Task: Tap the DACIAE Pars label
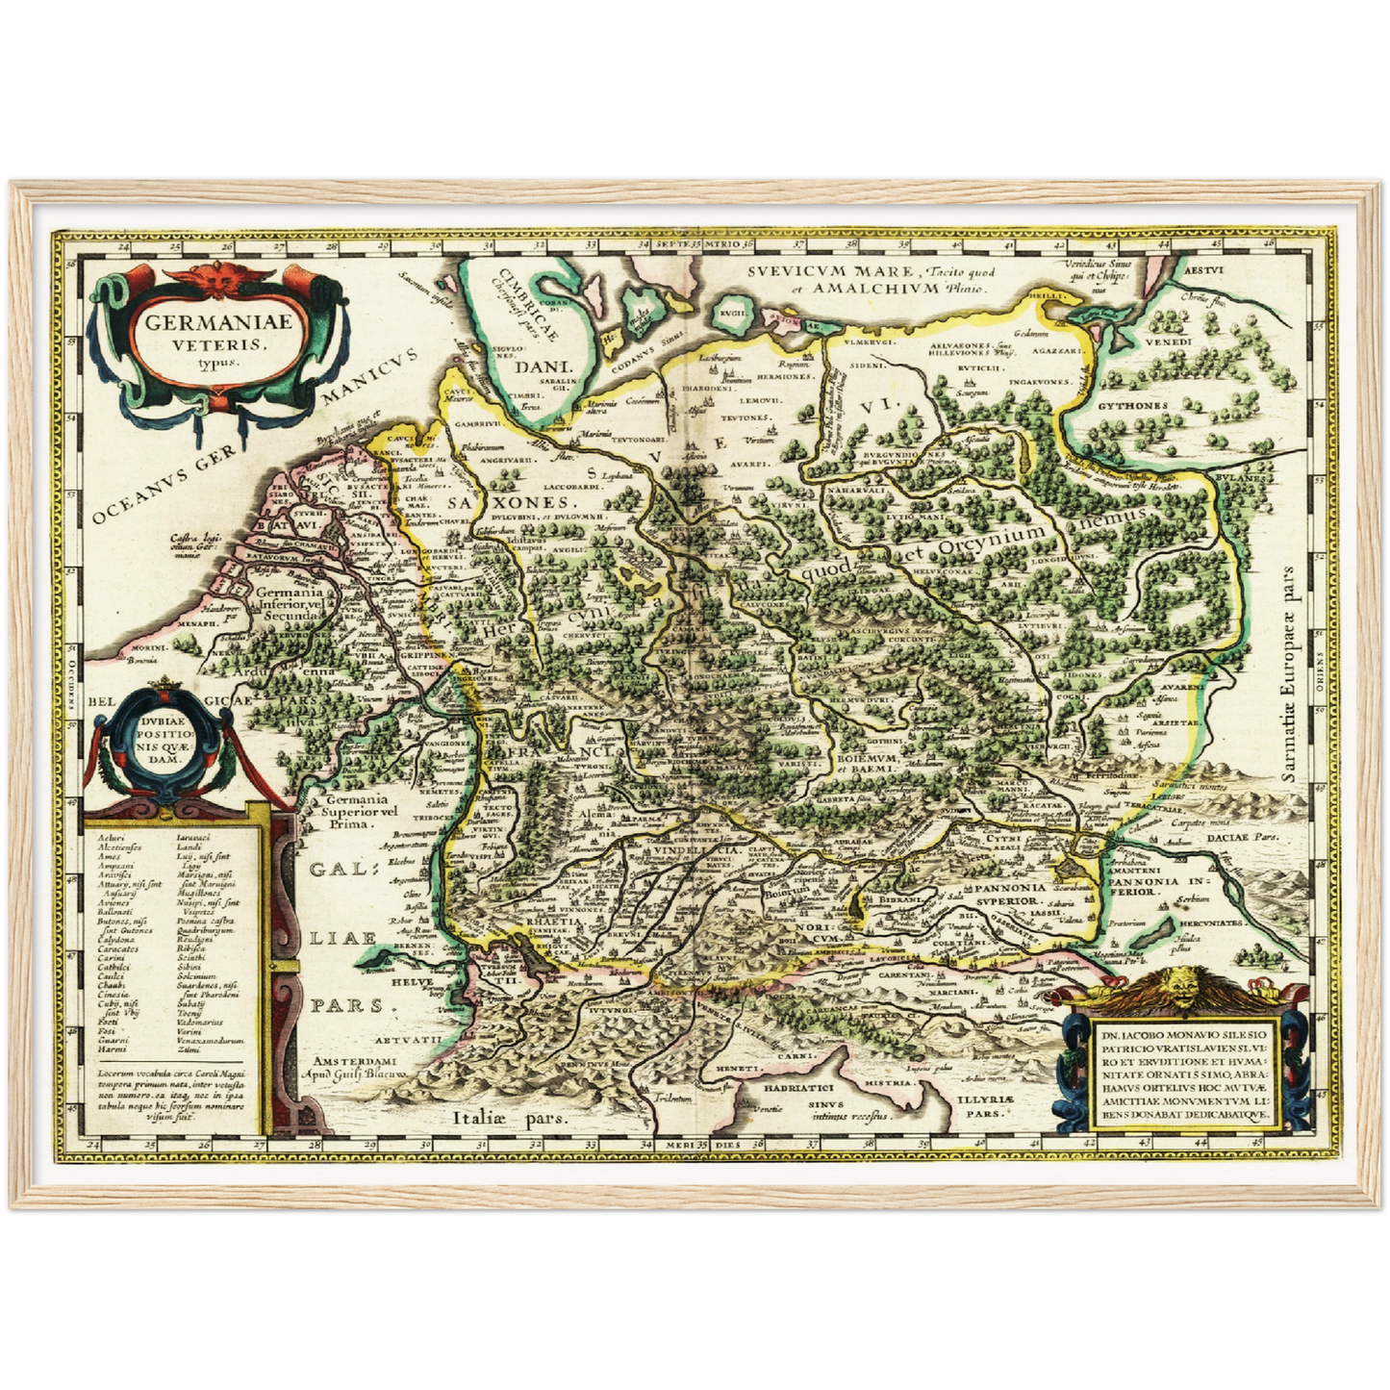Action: tap(1245, 838)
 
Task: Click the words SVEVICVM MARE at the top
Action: tap(830, 272)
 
